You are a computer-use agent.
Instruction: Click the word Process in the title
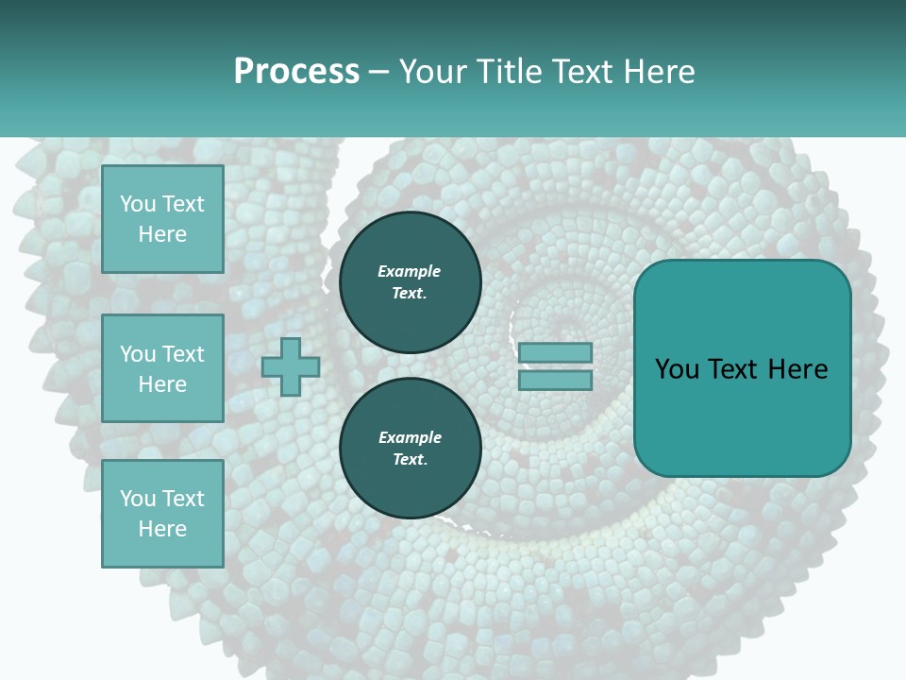296,72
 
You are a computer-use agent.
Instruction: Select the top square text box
162,219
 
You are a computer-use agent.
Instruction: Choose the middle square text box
162,368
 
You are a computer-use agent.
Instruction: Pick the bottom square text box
162,513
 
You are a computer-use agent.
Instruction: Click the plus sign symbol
291,367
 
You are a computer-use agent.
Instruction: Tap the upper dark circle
411,282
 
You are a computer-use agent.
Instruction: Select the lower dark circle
411,449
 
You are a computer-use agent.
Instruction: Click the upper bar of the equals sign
556,353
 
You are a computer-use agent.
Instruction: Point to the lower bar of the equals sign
556,381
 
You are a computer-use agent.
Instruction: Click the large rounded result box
742,367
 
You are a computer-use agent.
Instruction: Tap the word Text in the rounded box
735,369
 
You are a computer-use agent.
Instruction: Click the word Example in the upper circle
410,271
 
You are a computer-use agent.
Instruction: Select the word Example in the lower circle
410,437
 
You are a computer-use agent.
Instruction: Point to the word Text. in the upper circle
410,294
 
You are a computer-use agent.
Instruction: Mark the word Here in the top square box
162,234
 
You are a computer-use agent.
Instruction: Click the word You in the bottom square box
138,499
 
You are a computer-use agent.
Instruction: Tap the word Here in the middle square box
162,384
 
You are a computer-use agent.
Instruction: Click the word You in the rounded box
677,369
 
